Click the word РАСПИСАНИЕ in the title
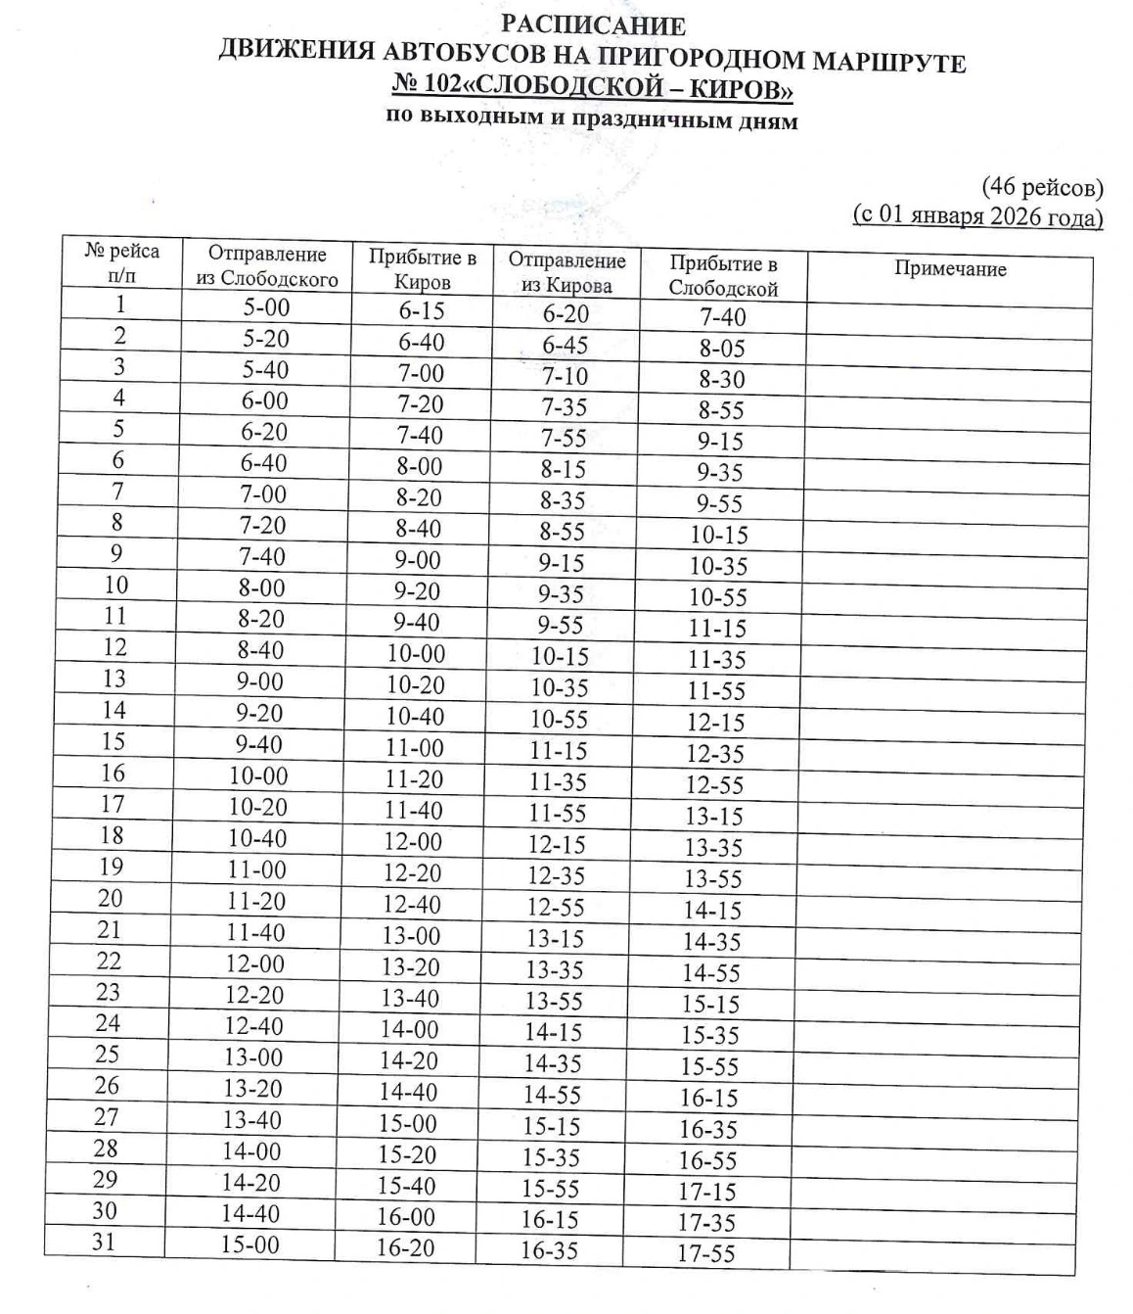coord(593,25)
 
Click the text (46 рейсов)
coord(1042,186)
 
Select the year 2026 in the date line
coord(1015,215)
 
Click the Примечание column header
coord(949,269)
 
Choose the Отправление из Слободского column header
coord(266,266)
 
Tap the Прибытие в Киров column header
coord(422,269)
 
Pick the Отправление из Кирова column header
coord(566,272)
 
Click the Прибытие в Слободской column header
coord(723,275)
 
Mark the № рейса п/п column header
coord(122,262)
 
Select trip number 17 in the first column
coord(113,804)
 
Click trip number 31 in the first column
coord(104,1242)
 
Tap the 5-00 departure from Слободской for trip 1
coord(267,307)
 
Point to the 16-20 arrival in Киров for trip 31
coord(405,1248)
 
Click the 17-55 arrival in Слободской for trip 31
coord(705,1253)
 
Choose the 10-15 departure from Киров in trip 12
coord(560,656)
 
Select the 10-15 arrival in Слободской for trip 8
coord(719,535)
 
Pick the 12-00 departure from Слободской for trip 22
coord(254,963)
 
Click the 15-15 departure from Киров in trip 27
coord(552,1126)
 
